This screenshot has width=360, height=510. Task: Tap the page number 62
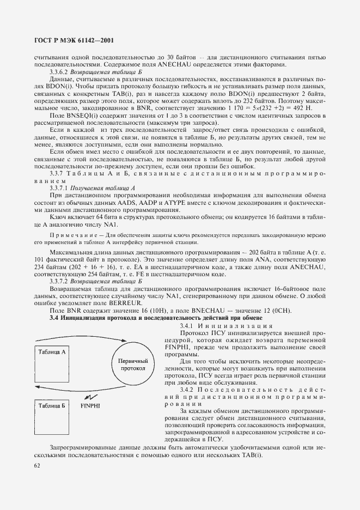tap(38, 465)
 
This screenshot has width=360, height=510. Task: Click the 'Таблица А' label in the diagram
tap(52, 352)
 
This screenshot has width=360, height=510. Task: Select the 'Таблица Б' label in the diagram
tap(52, 406)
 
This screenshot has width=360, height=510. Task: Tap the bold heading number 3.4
tap(54, 318)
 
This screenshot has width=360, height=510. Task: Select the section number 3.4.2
tap(188, 389)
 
